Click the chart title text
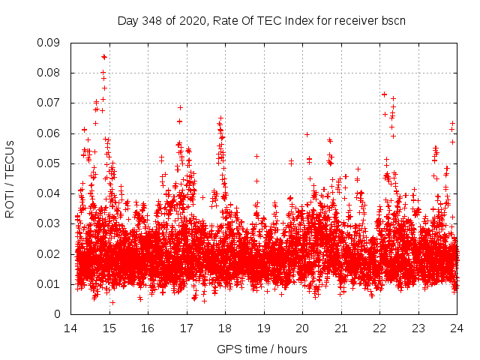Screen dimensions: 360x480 click(x=262, y=20)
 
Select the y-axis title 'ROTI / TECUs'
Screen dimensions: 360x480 click(x=10, y=178)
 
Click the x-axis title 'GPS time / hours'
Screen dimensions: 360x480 click(x=262, y=349)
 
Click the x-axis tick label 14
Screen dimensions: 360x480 click(x=70, y=328)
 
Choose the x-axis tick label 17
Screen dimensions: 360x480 click(x=186, y=328)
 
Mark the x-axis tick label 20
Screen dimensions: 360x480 click(x=301, y=328)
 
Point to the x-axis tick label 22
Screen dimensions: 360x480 click(x=379, y=328)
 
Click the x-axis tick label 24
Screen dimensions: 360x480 click(x=456, y=328)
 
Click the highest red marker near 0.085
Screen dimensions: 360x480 click(x=104, y=56)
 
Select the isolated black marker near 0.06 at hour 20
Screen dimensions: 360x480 click(x=307, y=134)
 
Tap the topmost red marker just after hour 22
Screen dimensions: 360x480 click(x=384, y=94)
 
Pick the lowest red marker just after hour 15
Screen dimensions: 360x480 click(x=112, y=302)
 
